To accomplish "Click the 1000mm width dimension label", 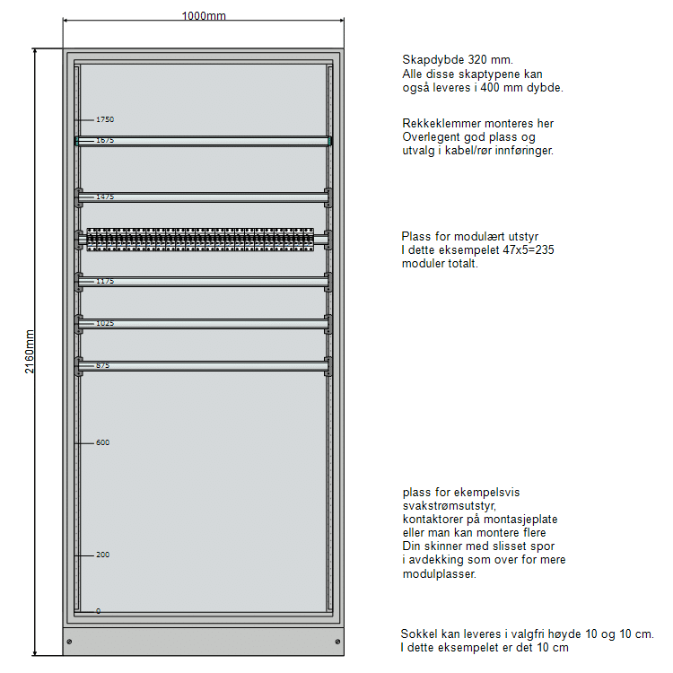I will (204, 16).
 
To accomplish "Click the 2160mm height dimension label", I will (29, 352).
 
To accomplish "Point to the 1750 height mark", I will (105, 119).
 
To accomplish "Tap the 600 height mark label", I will (102, 442).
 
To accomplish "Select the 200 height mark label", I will (102, 555).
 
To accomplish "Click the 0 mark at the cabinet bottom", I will (98, 611).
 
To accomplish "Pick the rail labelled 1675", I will (204, 140).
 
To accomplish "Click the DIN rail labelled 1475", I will (204, 197).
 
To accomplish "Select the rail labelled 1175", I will (204, 282).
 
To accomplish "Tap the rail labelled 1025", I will (204, 323).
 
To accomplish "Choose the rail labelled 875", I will (204, 365).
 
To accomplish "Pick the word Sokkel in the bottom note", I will (417, 634).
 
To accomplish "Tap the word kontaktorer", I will (433, 520).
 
